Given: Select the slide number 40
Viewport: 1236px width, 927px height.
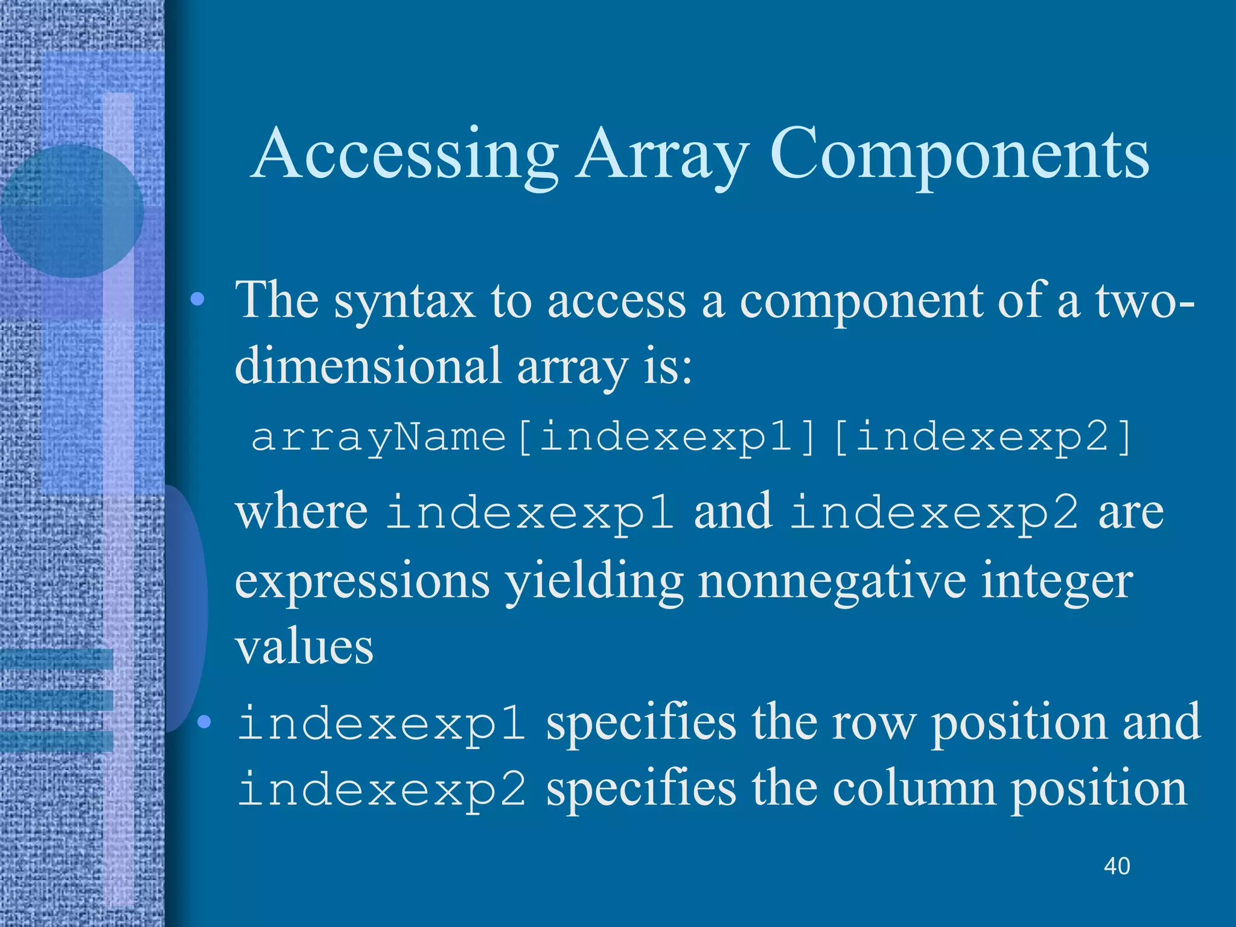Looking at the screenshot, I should point(1117,866).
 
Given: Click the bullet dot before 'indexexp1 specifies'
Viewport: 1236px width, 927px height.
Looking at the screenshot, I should point(205,722).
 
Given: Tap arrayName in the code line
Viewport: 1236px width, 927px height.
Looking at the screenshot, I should point(378,437).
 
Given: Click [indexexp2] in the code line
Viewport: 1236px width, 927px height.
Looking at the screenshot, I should point(983,437).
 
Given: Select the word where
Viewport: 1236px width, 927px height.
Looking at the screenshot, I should point(302,512).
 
